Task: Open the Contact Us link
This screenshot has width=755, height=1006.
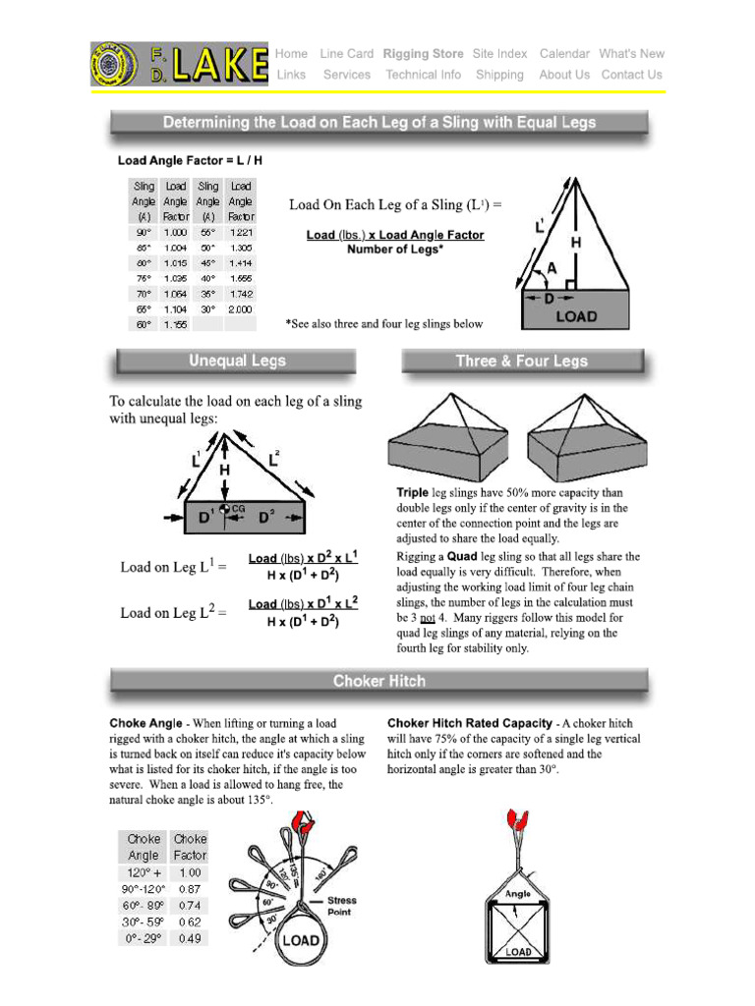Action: point(631,75)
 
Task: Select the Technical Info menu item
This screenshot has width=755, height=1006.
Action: point(423,75)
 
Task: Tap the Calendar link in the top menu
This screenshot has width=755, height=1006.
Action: point(564,54)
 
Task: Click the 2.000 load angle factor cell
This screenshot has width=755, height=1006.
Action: point(240,308)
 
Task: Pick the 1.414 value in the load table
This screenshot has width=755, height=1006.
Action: point(240,262)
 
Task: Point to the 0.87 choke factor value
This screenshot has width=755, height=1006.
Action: point(190,888)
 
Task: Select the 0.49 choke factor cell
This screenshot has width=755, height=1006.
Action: point(190,938)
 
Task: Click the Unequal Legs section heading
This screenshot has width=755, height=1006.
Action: point(237,362)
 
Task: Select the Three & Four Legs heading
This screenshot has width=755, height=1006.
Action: point(521,362)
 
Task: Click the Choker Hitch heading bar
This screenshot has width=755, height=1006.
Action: point(378,681)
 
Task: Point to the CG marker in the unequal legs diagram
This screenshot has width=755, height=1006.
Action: point(237,508)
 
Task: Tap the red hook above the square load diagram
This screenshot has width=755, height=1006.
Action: point(517,819)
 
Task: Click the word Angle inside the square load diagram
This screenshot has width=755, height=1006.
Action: point(518,894)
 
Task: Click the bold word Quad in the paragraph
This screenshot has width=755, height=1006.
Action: point(462,556)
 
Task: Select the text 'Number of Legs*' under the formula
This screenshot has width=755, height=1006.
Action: point(394,250)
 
